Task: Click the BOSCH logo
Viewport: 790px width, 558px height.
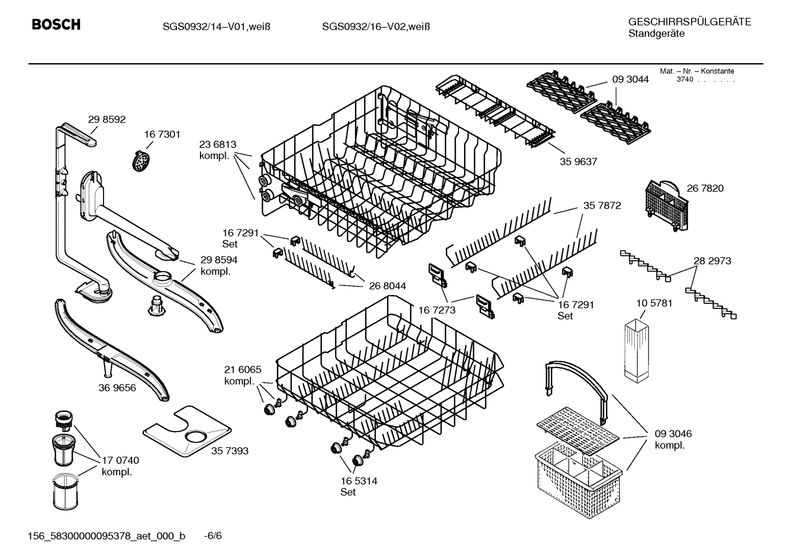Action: coord(56,25)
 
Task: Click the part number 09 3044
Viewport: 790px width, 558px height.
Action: coord(630,79)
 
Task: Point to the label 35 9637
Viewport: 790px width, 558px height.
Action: coord(579,162)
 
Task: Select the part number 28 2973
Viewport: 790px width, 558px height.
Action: coord(712,261)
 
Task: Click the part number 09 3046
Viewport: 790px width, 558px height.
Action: coord(673,434)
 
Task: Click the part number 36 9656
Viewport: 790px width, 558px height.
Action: coord(117,388)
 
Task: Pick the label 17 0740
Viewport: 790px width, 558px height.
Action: coord(121,461)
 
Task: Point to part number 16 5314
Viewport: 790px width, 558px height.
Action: coord(359,481)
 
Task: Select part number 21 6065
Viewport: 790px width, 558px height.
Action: coord(243,370)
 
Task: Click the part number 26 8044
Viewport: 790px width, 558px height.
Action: coord(387,286)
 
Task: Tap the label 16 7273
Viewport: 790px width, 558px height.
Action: coord(437,310)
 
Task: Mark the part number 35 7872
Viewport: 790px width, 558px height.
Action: coord(602,205)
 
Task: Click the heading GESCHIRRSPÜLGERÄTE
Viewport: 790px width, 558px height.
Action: coord(689,22)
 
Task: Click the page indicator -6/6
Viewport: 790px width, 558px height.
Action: coord(213,536)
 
